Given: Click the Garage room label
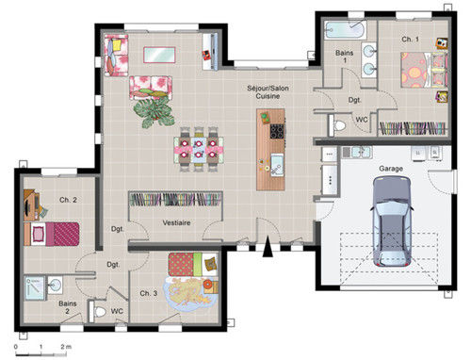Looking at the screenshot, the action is click(391, 169).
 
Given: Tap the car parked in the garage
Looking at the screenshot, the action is click(392, 221).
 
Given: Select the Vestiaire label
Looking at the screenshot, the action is click(176, 222).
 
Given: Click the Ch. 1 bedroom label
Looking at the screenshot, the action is click(410, 40).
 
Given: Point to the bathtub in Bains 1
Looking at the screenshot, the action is click(346, 30).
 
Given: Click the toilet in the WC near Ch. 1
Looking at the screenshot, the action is click(337, 125).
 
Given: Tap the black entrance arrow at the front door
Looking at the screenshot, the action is click(268, 247).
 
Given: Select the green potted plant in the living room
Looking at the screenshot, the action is click(154, 111).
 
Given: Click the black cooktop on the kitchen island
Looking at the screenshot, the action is click(277, 131).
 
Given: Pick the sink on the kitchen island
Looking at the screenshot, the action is click(277, 164).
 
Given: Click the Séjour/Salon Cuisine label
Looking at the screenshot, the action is click(268, 92).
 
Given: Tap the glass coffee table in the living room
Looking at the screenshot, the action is click(159, 55).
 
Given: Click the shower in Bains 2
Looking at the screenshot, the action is click(35, 288).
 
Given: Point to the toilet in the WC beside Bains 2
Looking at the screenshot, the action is click(98, 312).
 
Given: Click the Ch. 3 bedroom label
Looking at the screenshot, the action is click(149, 293).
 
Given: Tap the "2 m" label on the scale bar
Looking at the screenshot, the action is click(66, 347).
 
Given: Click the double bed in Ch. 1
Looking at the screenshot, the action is click(424, 70).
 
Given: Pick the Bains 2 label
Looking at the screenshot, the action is click(68, 307).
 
